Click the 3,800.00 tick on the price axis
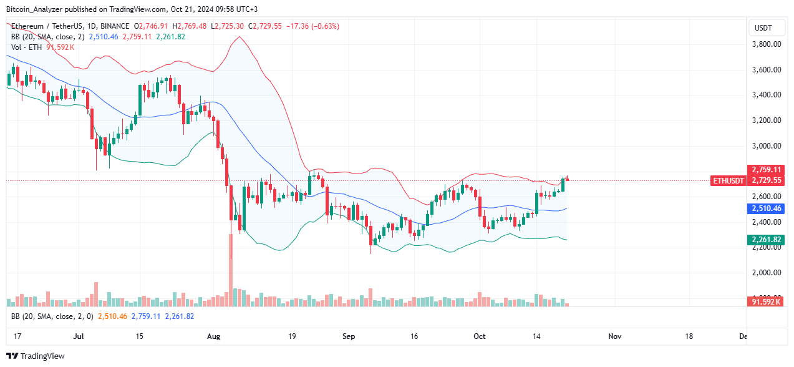point(766,44)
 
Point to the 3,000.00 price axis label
point(766,146)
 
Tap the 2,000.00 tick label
point(766,273)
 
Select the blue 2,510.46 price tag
point(767,208)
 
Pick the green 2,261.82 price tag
point(767,240)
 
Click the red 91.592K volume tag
point(767,302)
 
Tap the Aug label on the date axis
point(213,336)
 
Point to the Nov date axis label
point(614,336)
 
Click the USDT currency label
point(763,27)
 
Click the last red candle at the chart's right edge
point(567,180)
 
